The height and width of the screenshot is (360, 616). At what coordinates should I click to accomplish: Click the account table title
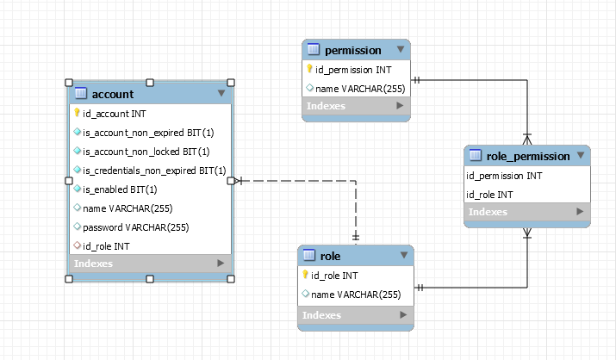pos(112,93)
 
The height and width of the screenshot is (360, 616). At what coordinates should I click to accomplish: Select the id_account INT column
pos(114,113)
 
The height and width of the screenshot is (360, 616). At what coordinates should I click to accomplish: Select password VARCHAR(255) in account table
pos(135,227)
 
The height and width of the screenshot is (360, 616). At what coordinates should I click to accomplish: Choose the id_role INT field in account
pos(106,246)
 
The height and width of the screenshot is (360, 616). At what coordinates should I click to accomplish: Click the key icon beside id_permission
pos(309,69)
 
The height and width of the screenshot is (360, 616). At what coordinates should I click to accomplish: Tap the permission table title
pos(353,50)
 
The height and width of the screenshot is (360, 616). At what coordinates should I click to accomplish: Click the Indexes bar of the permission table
pos(326,106)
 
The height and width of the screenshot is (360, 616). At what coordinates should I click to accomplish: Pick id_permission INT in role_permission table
pos(504,175)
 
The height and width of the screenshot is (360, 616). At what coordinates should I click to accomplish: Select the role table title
pos(330,256)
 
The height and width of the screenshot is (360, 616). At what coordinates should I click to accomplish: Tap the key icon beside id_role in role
pos(306,276)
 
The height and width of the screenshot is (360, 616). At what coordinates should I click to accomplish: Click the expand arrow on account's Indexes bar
pos(221,264)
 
